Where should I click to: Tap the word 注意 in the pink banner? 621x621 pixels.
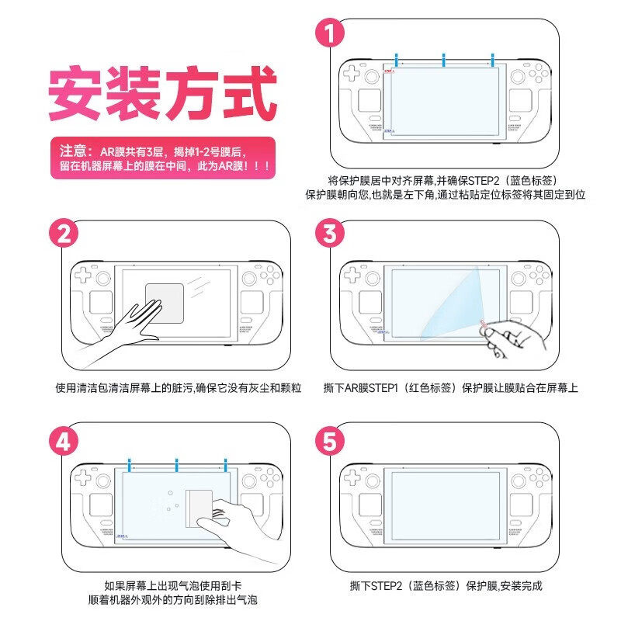[74, 151]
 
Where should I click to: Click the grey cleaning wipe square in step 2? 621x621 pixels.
[164, 304]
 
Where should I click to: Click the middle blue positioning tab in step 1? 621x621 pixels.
[443, 60]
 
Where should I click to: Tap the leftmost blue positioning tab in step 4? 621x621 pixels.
[129, 466]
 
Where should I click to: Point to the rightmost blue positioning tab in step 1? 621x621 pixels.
[491, 60]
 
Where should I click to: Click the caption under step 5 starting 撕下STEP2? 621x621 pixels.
[446, 585]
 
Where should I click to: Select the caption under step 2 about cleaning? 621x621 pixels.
[178, 387]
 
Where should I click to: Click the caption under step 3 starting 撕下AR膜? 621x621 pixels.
[450, 387]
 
